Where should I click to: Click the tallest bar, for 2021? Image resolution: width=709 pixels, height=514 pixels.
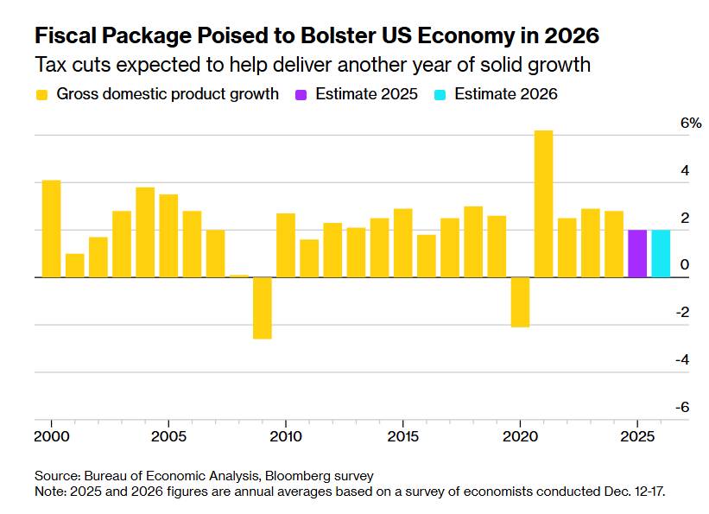pos(543,204)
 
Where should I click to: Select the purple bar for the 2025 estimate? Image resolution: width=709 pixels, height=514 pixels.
pos(637,254)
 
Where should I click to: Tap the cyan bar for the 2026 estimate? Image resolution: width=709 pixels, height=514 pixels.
pos(661,254)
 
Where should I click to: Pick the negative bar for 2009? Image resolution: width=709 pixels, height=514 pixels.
pos(263,308)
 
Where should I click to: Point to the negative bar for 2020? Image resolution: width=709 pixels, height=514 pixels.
pos(520,302)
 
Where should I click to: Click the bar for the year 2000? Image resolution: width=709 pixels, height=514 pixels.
pos(52,229)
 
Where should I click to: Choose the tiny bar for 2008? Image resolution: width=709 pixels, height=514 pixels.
pos(239,276)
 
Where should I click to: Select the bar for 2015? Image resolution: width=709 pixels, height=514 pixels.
pos(402,243)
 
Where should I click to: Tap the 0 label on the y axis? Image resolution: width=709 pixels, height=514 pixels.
pos(685,265)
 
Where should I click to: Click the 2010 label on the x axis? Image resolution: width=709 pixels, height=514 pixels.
pos(286,435)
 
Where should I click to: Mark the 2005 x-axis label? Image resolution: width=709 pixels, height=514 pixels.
pos(168,435)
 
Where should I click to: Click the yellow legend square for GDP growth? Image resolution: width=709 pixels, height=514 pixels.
pos(41,94)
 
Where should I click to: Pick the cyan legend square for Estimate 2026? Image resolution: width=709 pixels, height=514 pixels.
pos(439,94)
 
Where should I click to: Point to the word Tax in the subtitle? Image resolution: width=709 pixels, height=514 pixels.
pos(51,65)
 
